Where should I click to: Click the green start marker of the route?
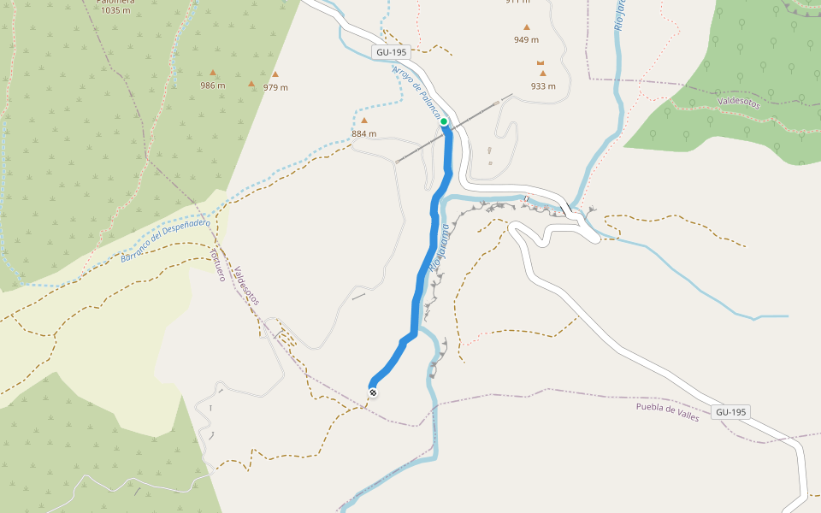445,121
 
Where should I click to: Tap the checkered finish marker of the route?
373,392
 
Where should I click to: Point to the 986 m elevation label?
212,85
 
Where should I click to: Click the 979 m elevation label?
275,87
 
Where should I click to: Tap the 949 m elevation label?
526,39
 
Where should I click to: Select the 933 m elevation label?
542,85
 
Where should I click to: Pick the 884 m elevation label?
363,133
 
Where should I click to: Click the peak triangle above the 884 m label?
363,121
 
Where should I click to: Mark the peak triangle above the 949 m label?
526,27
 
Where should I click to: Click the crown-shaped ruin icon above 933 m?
540,63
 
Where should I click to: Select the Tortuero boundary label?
217,264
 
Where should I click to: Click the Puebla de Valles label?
667,411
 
